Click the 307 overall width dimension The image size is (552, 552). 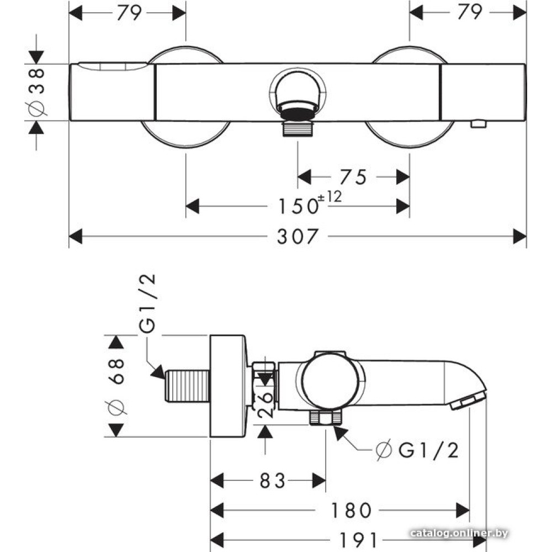pos(298,236)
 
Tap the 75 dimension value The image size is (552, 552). pos(353,177)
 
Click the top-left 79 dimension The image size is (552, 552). pos(128,12)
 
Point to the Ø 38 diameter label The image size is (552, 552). pos(36,92)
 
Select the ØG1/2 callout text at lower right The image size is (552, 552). pos(418,451)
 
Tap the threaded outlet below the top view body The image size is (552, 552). pos(298,129)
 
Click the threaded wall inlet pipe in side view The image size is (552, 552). pos(187,386)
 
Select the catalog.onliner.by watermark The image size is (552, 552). pos(459,533)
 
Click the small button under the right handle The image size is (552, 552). pos(478,124)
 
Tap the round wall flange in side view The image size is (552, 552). pos(227,385)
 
